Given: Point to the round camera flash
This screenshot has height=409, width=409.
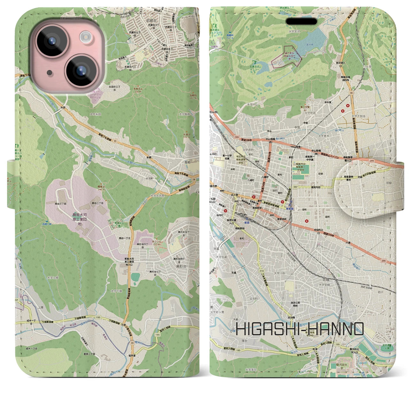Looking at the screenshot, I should click(86, 37).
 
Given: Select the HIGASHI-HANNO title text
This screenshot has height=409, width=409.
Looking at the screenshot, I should click(300, 329).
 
